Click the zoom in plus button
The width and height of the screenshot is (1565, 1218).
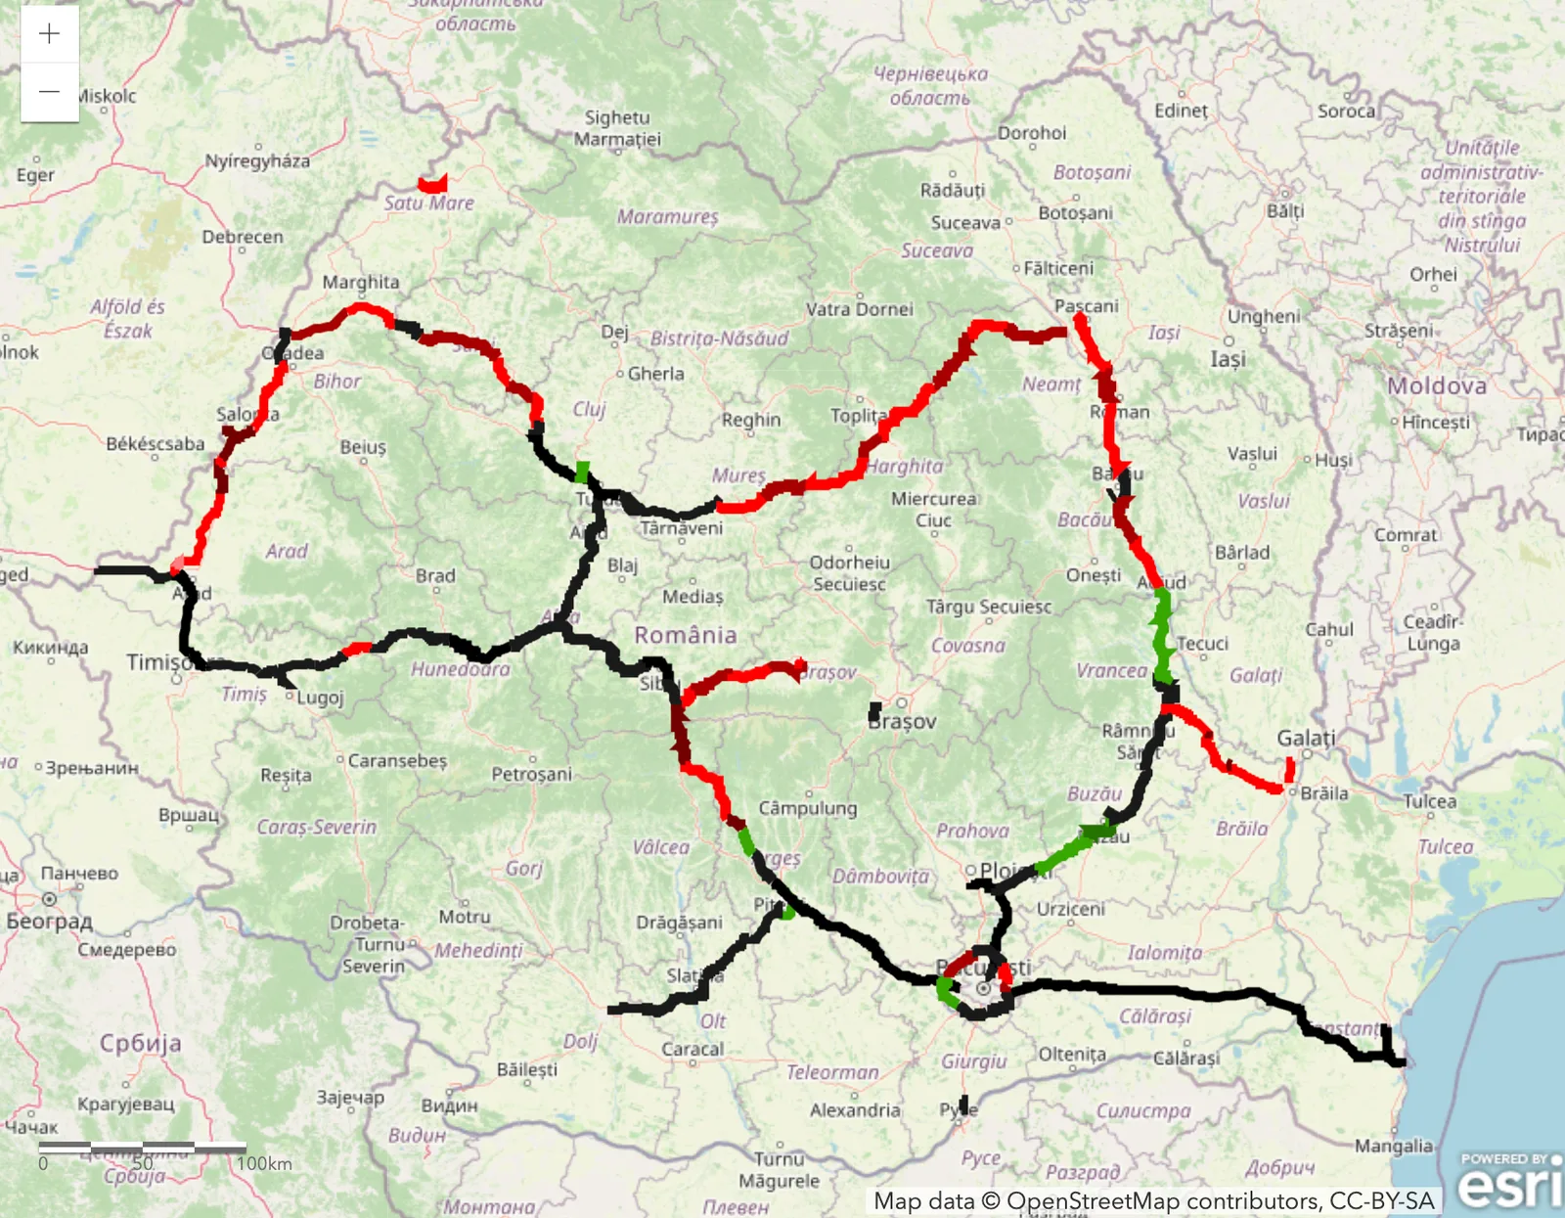coord(49,34)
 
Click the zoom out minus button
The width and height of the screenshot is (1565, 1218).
coord(49,92)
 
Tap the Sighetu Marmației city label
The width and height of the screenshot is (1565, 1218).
coord(617,128)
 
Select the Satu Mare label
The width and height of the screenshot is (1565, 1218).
coord(428,203)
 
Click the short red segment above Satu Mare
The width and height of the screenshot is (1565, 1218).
coord(432,183)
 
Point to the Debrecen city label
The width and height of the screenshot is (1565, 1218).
coord(243,237)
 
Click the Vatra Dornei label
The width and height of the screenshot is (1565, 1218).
coord(860,309)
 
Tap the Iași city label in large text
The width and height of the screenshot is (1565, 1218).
coord(1228,359)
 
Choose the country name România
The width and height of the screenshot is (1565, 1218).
coord(686,635)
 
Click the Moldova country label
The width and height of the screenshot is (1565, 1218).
coord(1437,385)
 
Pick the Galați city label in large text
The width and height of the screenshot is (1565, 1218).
coord(1306,738)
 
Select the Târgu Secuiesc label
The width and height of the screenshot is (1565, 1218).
coord(989,607)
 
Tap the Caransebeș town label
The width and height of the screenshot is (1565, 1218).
coord(397,760)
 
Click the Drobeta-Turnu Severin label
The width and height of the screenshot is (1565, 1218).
coord(368,944)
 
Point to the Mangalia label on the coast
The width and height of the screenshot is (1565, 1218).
coord(1393,1146)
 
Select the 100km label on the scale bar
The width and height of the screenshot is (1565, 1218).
coord(264,1163)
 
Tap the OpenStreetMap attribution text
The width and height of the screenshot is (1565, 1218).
coord(1154,1200)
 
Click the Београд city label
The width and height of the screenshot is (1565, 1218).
coord(49,921)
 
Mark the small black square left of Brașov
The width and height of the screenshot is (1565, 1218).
coord(874,711)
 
